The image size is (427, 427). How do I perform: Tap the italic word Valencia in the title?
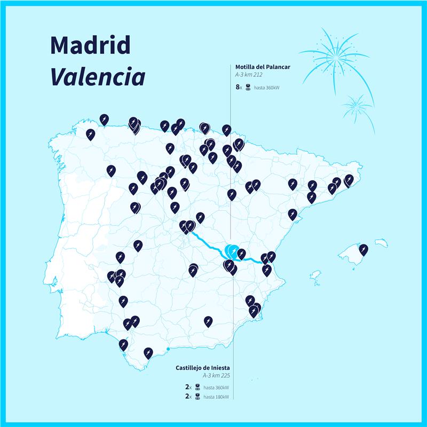pyautogui.click(x=98, y=77)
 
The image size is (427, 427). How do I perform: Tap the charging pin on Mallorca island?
pyautogui.click(x=363, y=249)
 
